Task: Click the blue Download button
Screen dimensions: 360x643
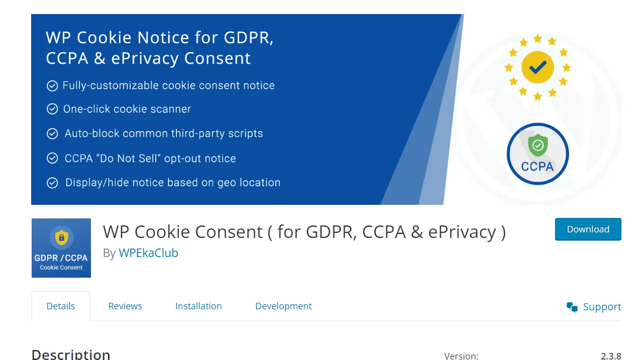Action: pos(588,229)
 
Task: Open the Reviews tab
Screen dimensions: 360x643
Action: pos(125,306)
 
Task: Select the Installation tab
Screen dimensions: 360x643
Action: pos(198,306)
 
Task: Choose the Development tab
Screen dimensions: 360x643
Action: pos(283,306)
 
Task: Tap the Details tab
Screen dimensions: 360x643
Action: pos(61,306)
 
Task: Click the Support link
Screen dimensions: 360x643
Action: pos(602,307)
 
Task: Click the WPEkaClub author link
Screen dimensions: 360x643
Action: pos(148,253)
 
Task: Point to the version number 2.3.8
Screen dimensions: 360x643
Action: pos(611,356)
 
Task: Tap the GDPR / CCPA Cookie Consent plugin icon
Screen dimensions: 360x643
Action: pos(61,248)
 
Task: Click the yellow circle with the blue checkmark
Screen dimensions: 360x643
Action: pos(538,67)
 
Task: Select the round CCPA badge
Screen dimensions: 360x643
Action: pos(538,154)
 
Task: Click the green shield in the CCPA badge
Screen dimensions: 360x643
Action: pos(538,146)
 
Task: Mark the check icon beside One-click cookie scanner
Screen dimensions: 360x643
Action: pos(52,109)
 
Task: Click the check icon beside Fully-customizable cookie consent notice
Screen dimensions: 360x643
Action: pos(52,86)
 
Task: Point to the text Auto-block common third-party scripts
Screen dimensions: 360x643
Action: pos(164,134)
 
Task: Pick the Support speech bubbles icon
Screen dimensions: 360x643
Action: pos(572,307)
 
